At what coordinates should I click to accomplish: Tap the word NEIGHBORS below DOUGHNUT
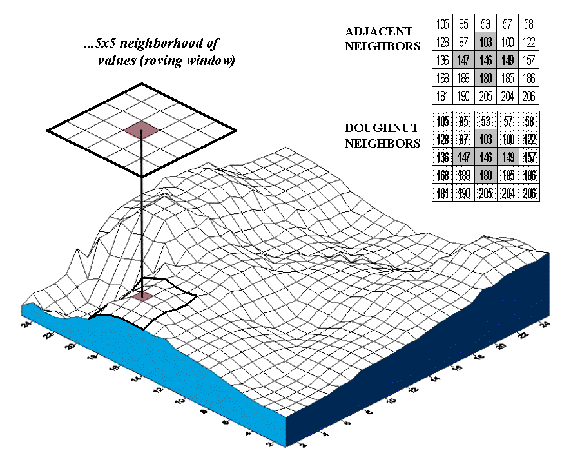pos(382,143)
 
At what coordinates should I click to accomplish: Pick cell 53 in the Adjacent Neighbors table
pos(485,24)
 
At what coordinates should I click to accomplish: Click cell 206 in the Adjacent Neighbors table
pos(528,97)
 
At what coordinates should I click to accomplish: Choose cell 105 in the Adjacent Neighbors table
pos(442,24)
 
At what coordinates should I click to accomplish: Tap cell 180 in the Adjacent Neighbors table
pos(485,79)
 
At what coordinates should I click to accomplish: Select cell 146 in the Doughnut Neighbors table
pos(485,157)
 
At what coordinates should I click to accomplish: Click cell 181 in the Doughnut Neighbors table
pos(442,193)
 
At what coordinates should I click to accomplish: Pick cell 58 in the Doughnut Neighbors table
pos(528,121)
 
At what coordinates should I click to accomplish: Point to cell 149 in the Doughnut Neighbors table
pos(507,157)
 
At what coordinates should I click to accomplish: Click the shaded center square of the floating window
pos(142,130)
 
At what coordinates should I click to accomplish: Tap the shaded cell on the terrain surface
pos(142,296)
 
